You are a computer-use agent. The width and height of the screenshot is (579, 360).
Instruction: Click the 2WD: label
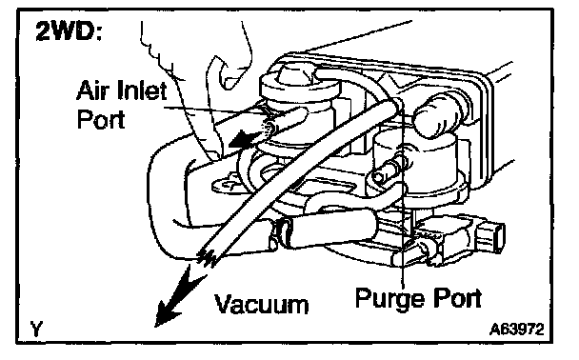[x=69, y=31]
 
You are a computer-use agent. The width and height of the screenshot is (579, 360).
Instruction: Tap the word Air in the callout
[x=92, y=90]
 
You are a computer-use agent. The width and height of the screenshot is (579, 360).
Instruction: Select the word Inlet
[x=142, y=90]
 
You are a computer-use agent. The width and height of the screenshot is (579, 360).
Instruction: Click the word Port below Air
[x=101, y=119]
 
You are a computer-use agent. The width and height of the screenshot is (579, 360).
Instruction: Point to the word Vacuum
[x=262, y=305]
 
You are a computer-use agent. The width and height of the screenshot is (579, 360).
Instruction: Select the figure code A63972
[x=516, y=330]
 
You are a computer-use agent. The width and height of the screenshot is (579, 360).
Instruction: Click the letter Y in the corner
[x=36, y=329]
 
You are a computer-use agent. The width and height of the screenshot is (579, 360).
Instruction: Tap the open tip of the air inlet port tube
[x=269, y=127]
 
